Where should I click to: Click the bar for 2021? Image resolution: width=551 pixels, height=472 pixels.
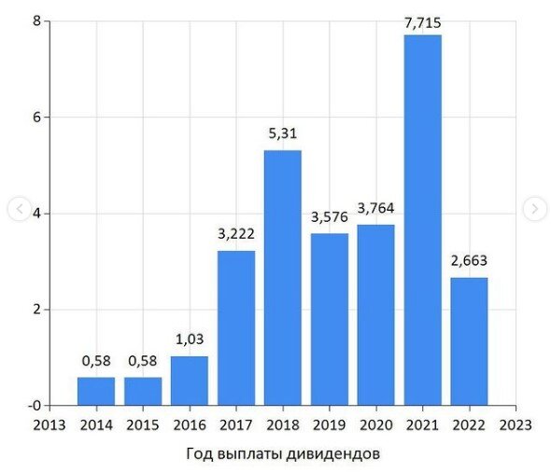pos(422,219)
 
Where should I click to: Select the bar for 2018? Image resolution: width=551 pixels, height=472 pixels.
pos(283,277)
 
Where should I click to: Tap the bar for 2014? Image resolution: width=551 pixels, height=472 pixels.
pos(96,391)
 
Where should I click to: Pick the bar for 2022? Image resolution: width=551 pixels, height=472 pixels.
pos(469,340)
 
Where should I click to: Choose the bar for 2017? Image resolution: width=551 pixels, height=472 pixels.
pos(236,327)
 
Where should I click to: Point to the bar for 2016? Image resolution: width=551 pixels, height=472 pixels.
pos(190,381)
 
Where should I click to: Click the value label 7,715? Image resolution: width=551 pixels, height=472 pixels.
pos(422,20)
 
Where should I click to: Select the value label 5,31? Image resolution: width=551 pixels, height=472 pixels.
pos(283,135)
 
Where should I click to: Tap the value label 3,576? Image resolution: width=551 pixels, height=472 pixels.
pos(330,218)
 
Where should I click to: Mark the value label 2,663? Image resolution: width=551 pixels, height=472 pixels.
pos(469,261)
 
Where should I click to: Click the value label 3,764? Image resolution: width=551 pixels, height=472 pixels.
pos(376,209)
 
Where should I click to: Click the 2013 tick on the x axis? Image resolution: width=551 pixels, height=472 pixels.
pos(49,424)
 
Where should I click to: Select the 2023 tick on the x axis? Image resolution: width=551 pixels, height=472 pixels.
pos(516,424)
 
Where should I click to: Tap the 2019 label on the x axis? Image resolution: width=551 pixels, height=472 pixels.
pos(330,424)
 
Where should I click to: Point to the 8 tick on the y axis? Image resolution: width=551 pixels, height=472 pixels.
pos(35,21)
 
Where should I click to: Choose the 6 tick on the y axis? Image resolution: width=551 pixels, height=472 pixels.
pos(35,118)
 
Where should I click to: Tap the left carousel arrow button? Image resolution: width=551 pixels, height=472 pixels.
pos(18,209)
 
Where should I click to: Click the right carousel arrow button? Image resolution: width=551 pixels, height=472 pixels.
pos(533,209)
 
